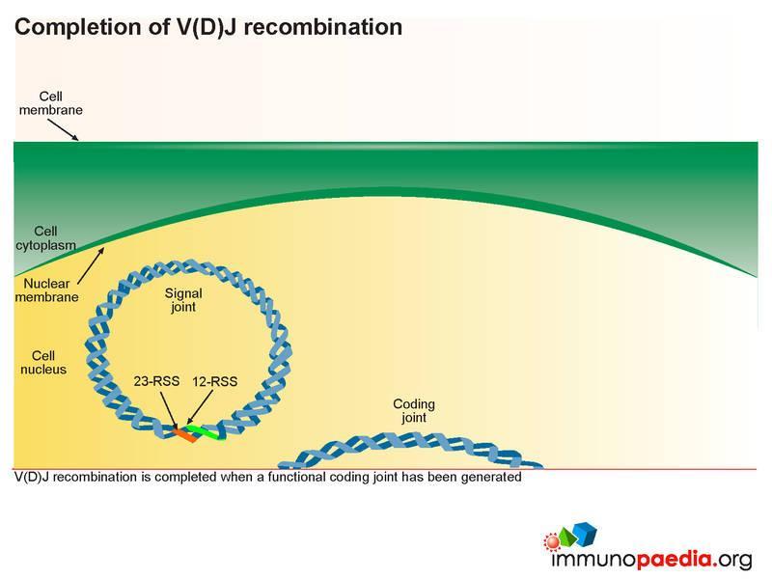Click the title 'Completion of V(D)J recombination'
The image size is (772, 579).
click(x=208, y=27)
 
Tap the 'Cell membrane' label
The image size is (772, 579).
click(x=51, y=103)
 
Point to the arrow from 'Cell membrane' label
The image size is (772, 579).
click(x=63, y=129)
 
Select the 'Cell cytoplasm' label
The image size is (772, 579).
click(x=45, y=237)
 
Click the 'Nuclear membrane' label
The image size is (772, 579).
click(x=46, y=290)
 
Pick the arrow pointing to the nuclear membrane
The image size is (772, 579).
click(x=91, y=266)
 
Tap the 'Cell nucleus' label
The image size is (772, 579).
click(x=43, y=363)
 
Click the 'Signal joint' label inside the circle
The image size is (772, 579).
click(x=183, y=300)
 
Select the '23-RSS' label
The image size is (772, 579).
click(x=156, y=381)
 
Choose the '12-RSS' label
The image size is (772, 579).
click(x=214, y=381)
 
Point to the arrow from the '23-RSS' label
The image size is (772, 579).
click(x=169, y=409)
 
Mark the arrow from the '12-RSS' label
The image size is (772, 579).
click(x=200, y=407)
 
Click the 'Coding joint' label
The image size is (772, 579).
click(x=414, y=411)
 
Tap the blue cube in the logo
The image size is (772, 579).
click(x=585, y=534)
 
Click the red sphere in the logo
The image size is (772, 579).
click(x=552, y=541)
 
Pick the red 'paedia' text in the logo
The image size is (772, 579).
click(x=675, y=559)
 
